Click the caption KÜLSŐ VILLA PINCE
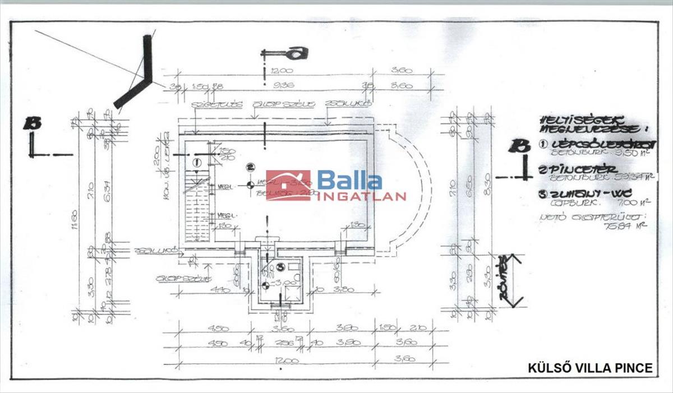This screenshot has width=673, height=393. tap(590, 368)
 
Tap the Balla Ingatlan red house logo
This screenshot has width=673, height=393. tap(288, 186)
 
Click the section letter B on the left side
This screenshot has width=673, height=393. tap(32, 123)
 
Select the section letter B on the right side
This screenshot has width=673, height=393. tap(519, 146)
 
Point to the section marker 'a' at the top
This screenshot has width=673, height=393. tap(297, 53)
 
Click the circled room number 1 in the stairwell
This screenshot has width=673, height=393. tap(196, 162)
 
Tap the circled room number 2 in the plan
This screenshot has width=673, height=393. tap(250, 167)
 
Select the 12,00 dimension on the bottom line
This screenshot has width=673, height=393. tap(284, 361)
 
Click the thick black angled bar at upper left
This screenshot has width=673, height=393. tap(137, 78)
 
